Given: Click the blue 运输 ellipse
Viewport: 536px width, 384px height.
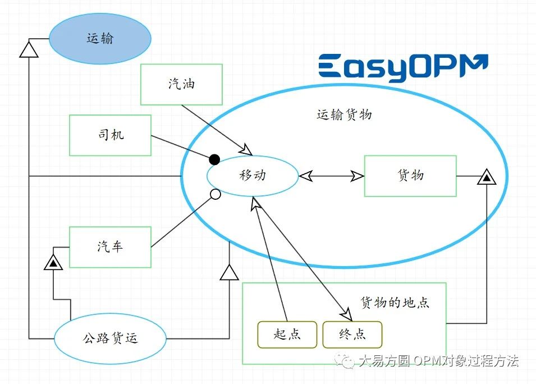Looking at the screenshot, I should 100,39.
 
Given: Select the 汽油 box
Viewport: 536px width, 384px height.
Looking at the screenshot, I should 181,84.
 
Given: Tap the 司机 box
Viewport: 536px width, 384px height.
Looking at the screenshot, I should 110,135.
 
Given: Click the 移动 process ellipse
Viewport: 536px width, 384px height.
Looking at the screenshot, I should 253,176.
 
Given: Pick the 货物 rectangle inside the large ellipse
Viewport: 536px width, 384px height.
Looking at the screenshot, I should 410,176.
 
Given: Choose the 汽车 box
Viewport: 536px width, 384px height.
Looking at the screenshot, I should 110,246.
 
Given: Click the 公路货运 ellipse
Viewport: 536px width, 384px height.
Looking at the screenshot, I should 110,338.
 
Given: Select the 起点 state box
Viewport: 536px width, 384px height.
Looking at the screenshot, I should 287,335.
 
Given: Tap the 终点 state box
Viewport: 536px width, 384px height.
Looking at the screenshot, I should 352,335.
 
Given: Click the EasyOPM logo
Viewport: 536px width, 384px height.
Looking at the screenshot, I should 403,68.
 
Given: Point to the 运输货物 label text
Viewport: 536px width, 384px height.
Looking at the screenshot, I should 344,115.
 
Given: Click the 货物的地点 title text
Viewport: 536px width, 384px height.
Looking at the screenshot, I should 395,302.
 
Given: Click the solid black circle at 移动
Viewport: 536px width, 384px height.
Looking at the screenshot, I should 214,159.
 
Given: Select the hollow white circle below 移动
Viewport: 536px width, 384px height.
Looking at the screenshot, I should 214,195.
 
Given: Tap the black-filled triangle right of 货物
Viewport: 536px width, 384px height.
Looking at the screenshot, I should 487,178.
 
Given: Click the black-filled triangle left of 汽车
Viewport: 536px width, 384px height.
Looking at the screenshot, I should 53,262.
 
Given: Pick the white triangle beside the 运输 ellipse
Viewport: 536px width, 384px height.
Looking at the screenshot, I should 29,50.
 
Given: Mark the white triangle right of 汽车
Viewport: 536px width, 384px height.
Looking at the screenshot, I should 229,272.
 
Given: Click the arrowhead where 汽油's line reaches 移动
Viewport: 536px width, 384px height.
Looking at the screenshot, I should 246,150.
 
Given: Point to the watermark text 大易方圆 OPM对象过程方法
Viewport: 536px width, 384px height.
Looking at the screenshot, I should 438,360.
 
